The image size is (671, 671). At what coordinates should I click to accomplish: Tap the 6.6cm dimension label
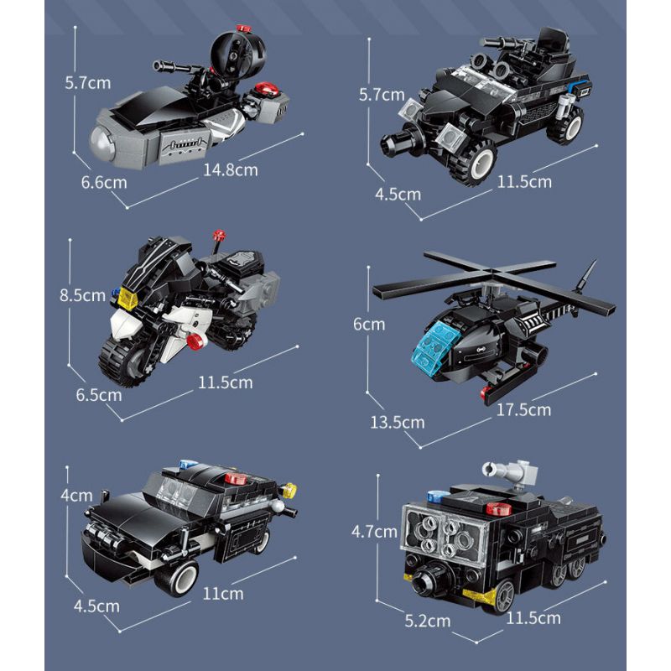pos(105,182)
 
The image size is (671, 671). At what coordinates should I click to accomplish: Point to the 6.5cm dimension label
pos(98,393)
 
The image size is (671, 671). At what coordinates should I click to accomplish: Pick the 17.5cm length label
pos(523,409)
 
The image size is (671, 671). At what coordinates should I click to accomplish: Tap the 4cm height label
pos(76,495)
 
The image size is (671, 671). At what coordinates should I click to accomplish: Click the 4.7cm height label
pos(373,531)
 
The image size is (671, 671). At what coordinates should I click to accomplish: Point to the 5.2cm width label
pos(427,621)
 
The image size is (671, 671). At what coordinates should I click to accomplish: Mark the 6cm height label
pos(368,324)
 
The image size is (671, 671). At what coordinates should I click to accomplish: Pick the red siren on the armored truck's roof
pos(501,507)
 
